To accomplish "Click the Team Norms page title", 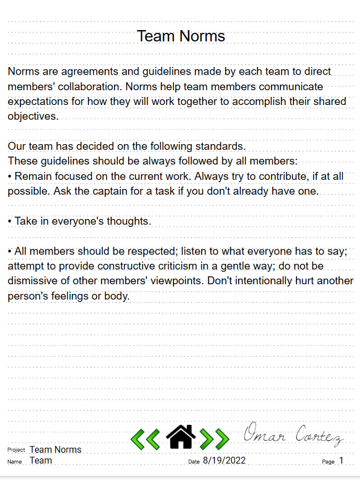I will [181, 36].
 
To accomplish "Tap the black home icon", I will [180, 437].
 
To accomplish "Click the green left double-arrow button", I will [145, 439].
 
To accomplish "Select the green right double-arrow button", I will [215, 439].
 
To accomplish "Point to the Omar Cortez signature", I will [293, 435].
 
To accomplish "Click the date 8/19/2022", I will [224, 461].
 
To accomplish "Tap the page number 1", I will [341, 461].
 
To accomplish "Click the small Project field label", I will [16, 450].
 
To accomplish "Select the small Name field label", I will [15, 462].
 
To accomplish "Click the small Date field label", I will [194, 462].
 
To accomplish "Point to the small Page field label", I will [328, 462].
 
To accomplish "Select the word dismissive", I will [32, 281].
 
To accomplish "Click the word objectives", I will [32, 116].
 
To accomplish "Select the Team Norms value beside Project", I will [56, 450].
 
